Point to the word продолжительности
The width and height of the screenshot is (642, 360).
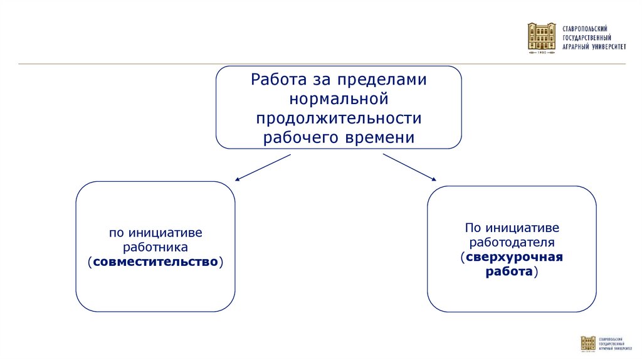[339, 118]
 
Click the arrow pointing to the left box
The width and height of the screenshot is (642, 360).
[263, 167]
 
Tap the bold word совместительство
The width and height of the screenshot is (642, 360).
[155, 260]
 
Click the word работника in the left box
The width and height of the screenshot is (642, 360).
[155, 246]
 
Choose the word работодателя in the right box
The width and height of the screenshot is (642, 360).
[512, 242]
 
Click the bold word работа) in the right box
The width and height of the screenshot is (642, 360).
[512, 272]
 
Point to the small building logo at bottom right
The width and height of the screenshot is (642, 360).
[588, 344]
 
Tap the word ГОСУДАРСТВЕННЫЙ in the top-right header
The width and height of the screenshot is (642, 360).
[586, 38]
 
